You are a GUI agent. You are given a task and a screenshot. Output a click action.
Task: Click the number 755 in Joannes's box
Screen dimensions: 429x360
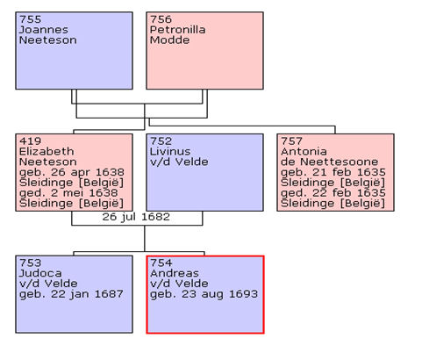click(30, 19)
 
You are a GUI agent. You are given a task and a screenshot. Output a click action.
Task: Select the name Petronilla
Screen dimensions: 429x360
click(177, 30)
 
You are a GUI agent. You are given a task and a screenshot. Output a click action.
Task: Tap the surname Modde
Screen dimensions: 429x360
click(169, 40)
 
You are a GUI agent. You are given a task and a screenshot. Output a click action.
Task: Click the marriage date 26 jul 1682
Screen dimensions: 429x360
click(136, 217)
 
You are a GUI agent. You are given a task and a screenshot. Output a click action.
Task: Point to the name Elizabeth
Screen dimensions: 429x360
click(46, 151)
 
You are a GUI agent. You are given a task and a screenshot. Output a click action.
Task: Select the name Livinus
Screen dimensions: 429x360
click(170, 151)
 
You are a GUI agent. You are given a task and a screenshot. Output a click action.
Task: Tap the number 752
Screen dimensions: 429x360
click(161, 141)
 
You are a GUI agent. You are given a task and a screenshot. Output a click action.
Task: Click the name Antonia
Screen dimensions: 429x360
click(304, 151)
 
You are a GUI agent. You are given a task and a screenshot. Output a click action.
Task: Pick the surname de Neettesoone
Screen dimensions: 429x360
click(329, 162)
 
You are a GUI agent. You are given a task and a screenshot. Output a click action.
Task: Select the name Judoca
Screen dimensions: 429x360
click(40, 273)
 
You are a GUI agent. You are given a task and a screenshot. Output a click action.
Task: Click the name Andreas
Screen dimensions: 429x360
click(175, 273)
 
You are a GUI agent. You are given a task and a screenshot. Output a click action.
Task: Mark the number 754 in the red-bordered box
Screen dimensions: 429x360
click(161, 263)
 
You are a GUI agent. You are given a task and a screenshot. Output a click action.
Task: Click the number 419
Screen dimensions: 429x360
click(30, 141)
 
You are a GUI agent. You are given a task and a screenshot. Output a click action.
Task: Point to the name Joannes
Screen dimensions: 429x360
click(44, 30)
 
